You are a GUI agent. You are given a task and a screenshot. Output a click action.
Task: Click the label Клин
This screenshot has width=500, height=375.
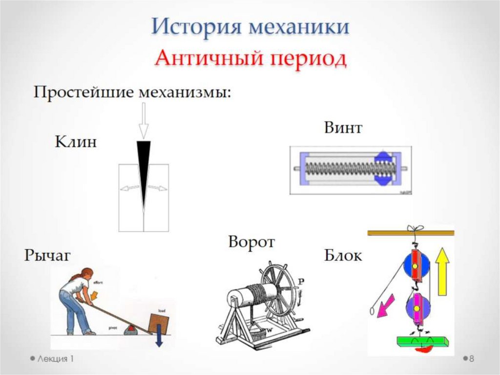click(x=76, y=142)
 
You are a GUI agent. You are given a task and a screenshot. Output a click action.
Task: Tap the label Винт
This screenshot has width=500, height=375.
click(x=343, y=128)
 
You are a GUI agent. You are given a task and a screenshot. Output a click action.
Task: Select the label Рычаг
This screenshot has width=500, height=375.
click(x=47, y=255)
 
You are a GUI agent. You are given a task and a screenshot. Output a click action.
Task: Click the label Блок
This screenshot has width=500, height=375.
click(x=343, y=256)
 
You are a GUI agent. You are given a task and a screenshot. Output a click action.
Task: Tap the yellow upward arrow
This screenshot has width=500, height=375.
click(x=443, y=271)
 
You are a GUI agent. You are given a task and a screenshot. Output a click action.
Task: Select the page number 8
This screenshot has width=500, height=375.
click(x=472, y=359)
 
